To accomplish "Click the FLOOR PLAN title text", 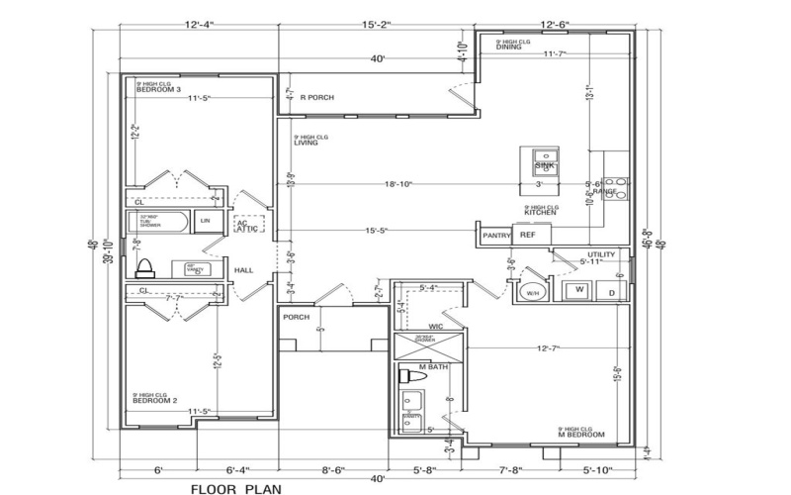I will pyautogui.click(x=234, y=487).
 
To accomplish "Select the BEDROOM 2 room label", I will pyautogui.click(x=155, y=400).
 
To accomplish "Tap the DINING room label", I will pyautogui.click(x=509, y=47).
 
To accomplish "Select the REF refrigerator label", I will pyautogui.click(x=527, y=236).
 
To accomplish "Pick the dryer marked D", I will pyautogui.click(x=611, y=292).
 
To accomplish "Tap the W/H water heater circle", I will pyautogui.click(x=531, y=293).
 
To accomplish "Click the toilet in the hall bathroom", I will pyautogui.click(x=145, y=266).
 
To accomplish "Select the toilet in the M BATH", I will pyautogui.click(x=405, y=376).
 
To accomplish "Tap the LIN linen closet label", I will pyautogui.click(x=206, y=221).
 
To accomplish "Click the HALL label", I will pyautogui.click(x=244, y=269).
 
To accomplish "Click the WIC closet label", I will pyautogui.click(x=436, y=325).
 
